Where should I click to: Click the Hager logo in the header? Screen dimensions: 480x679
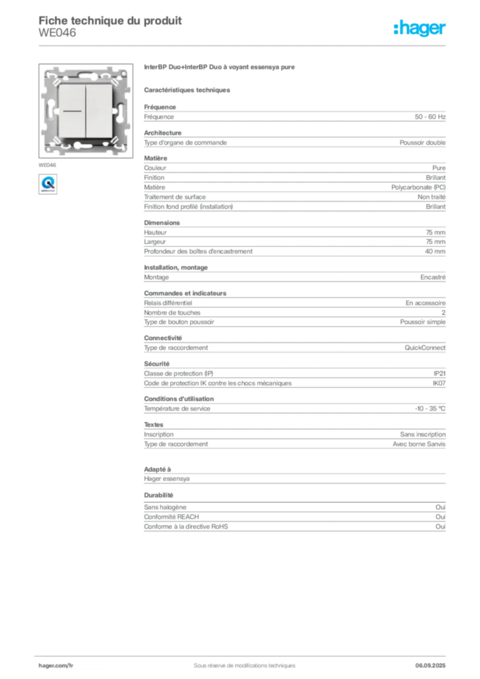(419, 29)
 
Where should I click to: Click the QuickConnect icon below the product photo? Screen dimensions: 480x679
(48, 184)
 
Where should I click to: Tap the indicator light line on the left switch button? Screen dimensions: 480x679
(72, 111)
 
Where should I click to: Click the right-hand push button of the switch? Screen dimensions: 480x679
(99, 111)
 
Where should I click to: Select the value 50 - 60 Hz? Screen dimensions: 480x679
(430, 117)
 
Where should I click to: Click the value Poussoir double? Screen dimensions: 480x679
(422, 143)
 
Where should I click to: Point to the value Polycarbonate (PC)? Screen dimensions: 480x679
(418, 188)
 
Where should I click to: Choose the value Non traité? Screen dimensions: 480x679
(431, 197)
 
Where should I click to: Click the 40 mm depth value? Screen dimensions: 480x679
(435, 251)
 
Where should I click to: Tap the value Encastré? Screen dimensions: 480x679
(433, 277)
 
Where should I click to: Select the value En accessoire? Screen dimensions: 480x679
(426, 303)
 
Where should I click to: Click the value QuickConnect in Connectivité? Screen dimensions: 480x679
(425, 347)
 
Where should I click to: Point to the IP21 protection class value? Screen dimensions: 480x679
(440, 374)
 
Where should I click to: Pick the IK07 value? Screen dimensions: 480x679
(439, 383)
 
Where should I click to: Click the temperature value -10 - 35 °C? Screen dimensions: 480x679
(430, 408)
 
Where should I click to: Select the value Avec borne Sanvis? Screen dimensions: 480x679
(419, 444)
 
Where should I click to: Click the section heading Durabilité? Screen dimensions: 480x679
(158, 495)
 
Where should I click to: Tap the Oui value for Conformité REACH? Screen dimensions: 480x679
(440, 517)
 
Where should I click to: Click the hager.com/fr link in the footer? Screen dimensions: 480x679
(56, 666)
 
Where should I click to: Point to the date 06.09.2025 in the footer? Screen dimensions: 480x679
(430, 666)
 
